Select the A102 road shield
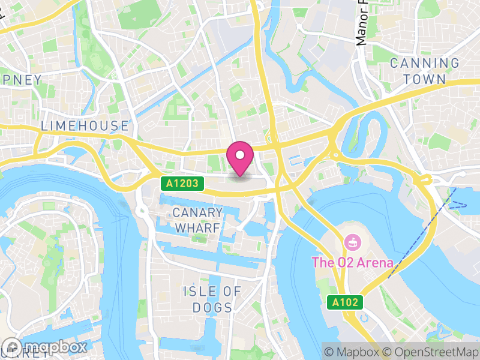coord(346,303)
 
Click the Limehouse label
coord(85,126)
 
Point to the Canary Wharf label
coord(197,220)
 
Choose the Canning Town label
coord(425,71)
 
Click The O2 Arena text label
coord(352,263)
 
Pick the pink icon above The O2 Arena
coord(352,243)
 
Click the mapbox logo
coord(45,347)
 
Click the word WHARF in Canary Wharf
coord(197,228)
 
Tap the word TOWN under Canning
coord(425,79)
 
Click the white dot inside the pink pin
coord(240,155)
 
